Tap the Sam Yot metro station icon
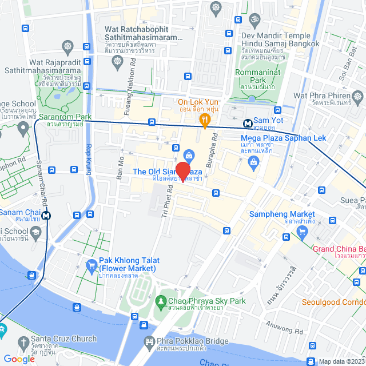tap(248, 122)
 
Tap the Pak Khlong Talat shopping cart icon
tap(91, 265)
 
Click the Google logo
tap(19, 359)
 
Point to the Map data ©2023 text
tap(341, 361)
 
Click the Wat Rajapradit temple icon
tap(68, 46)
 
